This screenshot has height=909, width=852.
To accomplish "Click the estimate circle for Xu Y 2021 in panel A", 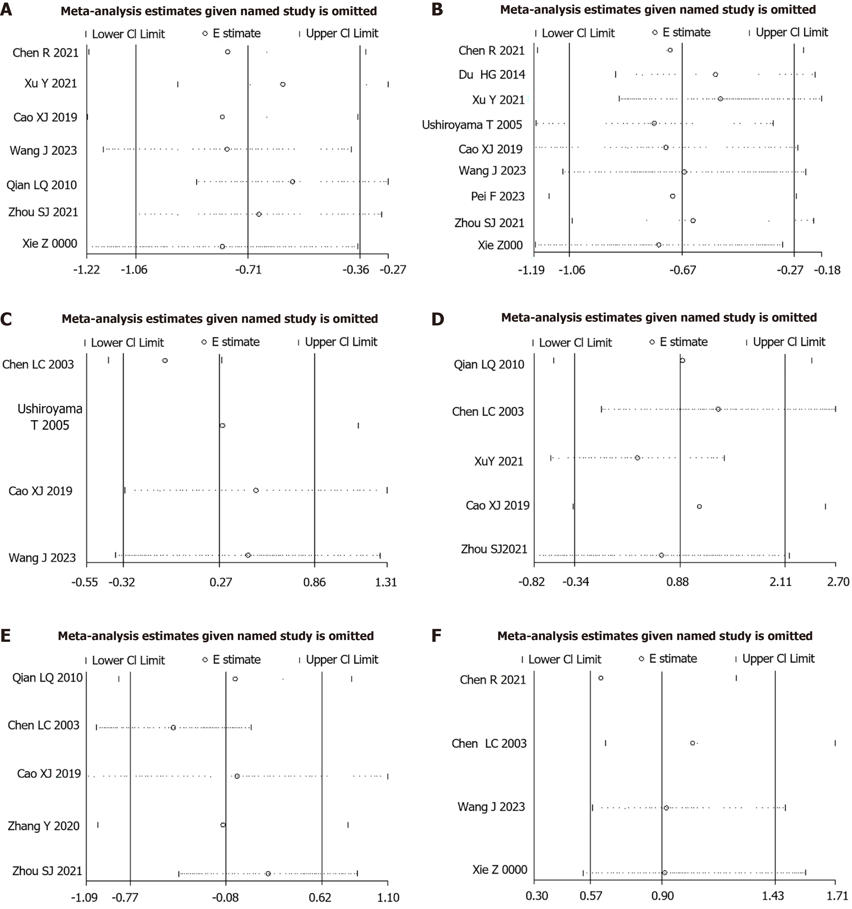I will click(x=283, y=84).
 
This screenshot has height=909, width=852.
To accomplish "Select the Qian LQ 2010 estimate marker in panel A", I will click(x=292, y=182).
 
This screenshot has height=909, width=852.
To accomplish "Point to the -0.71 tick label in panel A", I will click(x=248, y=269).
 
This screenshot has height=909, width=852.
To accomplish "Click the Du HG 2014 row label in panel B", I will click(x=492, y=74).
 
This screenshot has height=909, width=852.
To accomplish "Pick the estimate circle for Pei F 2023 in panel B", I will click(x=672, y=196).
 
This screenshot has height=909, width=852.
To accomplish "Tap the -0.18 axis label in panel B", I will click(x=827, y=270).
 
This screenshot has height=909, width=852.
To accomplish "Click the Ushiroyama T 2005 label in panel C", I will click(x=50, y=417).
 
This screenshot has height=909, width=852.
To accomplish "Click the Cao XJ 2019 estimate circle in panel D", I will click(x=699, y=506).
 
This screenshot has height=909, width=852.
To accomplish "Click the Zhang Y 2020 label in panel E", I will click(x=44, y=825).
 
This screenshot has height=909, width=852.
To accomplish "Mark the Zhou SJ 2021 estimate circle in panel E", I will click(x=268, y=873).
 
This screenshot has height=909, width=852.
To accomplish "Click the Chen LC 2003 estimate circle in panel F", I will click(x=692, y=743).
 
